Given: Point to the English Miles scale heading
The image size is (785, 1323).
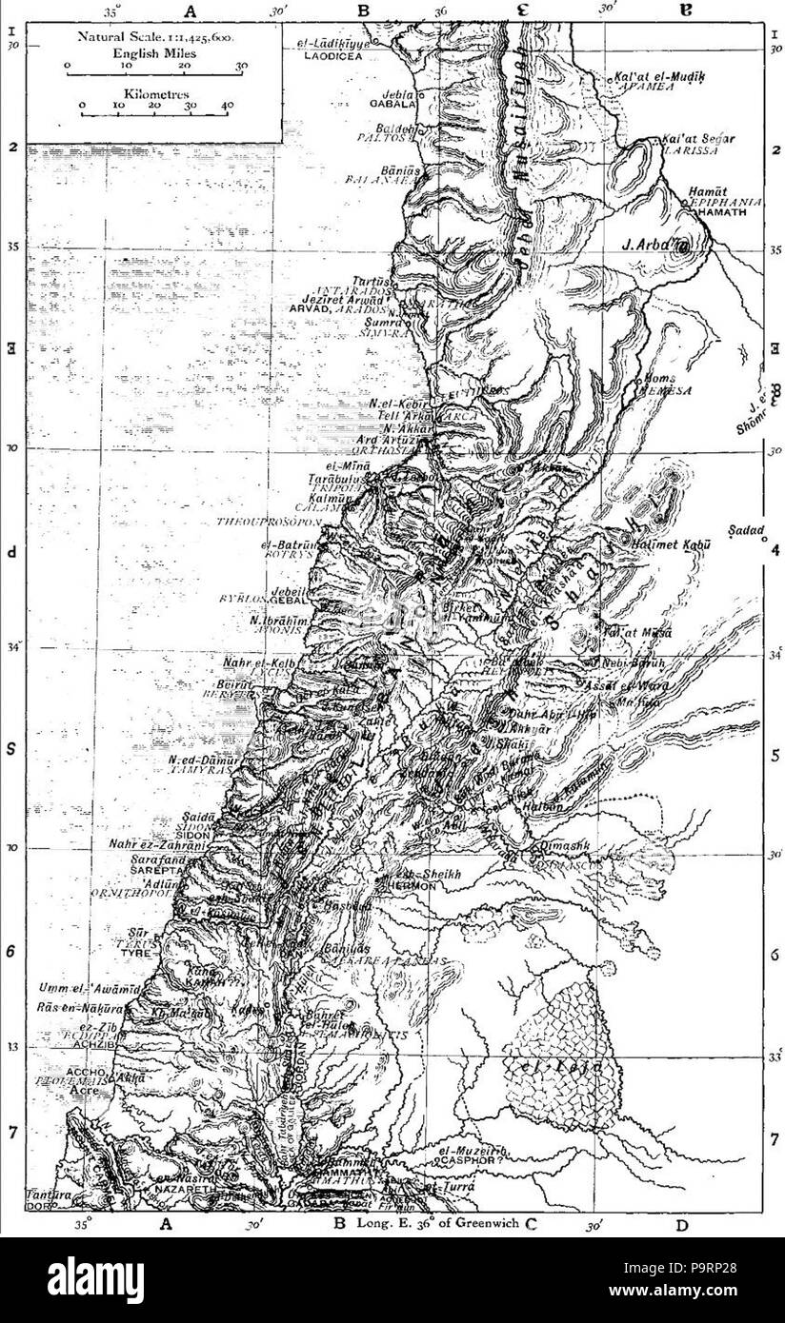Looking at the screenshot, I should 153,53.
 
